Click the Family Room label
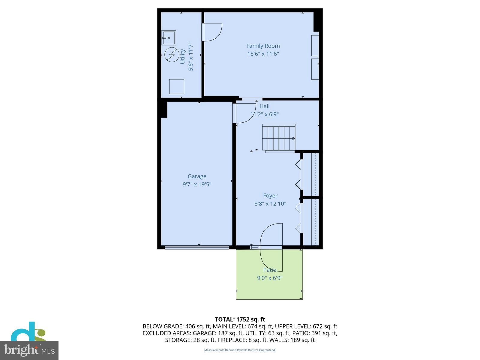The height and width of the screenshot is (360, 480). click(x=263, y=46)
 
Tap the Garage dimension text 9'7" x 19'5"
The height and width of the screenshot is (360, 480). click(x=197, y=184)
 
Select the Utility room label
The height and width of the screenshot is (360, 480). click(x=182, y=56)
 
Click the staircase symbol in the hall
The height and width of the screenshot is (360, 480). click(x=279, y=138)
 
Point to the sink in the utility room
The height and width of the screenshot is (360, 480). click(x=168, y=38)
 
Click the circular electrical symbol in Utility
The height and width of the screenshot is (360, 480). click(x=172, y=55)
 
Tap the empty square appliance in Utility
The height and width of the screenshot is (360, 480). click(x=176, y=86)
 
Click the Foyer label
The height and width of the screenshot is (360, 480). click(x=270, y=196)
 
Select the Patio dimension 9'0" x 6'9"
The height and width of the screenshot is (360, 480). click(x=270, y=278)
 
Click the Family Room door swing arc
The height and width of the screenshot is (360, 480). click(x=213, y=32)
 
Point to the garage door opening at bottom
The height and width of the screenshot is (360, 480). click(x=197, y=247)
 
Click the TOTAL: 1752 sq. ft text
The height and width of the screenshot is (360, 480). click(x=240, y=319)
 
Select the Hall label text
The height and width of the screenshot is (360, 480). click(x=264, y=106)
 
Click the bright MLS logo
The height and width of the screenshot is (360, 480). click(x=29, y=350)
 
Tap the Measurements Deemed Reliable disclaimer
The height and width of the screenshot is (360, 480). click(x=240, y=350)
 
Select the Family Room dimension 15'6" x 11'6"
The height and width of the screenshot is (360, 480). click(x=263, y=54)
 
